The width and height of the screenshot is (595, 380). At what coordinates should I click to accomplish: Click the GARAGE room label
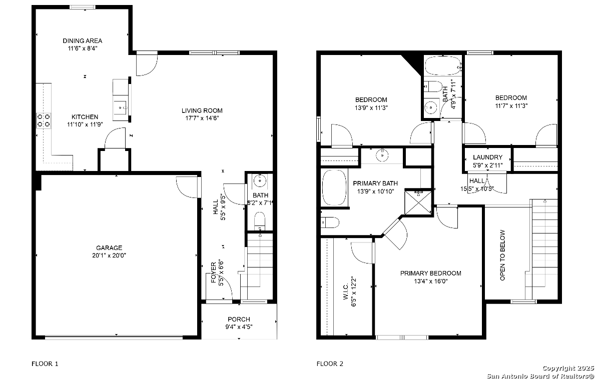[x=109, y=248]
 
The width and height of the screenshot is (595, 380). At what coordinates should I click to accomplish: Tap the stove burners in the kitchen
[x=43, y=120]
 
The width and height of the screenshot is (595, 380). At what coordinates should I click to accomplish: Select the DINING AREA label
[x=83, y=41]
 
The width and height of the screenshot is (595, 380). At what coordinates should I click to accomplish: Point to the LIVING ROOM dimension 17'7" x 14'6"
[x=202, y=118]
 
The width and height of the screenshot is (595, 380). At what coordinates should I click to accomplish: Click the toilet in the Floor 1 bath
[x=260, y=220]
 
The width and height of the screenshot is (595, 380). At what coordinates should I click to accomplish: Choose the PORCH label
[x=239, y=319]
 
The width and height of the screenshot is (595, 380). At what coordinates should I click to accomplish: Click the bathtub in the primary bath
[x=334, y=187]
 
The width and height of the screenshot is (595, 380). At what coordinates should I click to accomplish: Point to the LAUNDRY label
[x=487, y=157]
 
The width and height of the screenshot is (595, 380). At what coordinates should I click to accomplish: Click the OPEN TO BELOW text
[x=503, y=255]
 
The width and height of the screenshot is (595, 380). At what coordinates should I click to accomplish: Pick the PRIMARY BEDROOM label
[x=431, y=273]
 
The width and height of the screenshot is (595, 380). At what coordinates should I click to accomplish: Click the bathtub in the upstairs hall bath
[x=443, y=66]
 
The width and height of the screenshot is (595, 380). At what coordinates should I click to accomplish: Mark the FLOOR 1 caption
[x=45, y=363]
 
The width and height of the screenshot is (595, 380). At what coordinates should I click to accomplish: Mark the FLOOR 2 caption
[x=330, y=363]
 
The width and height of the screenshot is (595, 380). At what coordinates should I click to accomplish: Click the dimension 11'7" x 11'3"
[x=511, y=106]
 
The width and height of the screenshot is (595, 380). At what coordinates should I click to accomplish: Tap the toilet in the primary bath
[x=330, y=222]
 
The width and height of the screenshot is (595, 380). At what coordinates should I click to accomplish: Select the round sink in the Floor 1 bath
[x=260, y=181]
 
